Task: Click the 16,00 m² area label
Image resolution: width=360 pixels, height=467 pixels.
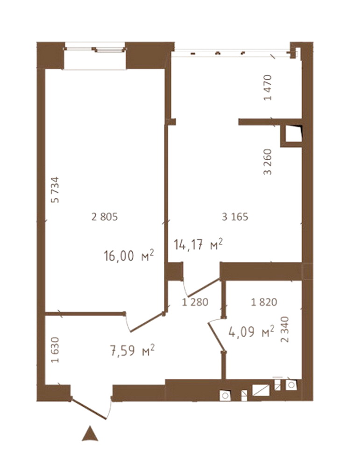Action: click(128, 255)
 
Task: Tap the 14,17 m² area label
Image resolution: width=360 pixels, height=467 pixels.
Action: click(198, 245)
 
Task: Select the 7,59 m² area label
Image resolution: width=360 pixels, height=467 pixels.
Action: click(132, 350)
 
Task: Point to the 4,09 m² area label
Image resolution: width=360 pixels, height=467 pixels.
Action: click(251, 331)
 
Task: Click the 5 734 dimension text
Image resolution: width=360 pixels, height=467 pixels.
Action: click(56, 190)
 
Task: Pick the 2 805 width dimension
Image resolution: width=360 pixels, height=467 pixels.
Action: click(105, 217)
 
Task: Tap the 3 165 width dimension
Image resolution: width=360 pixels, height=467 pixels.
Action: click(235, 217)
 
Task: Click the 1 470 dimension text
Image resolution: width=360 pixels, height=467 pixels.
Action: click(268, 88)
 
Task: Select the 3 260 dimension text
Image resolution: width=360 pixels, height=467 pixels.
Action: click(268, 162)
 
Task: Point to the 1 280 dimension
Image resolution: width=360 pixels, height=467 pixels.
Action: click(195, 302)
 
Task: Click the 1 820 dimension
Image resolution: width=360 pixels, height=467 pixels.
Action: click(264, 302)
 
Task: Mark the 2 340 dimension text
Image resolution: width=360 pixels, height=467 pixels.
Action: click(285, 329)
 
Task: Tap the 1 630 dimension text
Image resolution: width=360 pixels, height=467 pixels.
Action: click(56, 350)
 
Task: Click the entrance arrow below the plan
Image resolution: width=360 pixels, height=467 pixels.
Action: click(90, 434)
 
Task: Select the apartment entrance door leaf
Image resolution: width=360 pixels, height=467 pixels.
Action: click(89, 409)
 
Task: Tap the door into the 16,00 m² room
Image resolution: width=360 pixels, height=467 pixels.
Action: click(147, 322)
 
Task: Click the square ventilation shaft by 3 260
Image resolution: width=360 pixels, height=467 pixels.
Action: click(291, 135)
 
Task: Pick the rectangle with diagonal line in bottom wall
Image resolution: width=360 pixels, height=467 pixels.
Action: click(261, 390)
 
